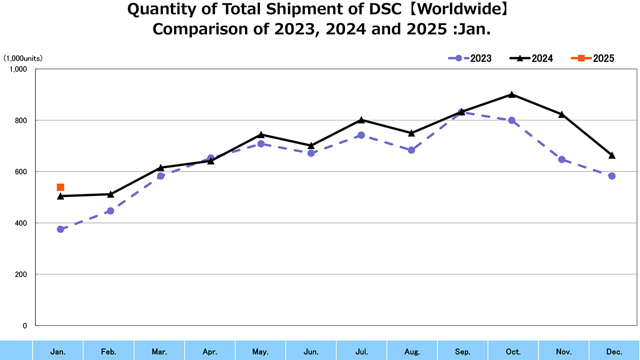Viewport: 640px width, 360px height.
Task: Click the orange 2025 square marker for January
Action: (x=60, y=187)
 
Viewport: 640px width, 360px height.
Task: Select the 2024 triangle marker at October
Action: (x=511, y=94)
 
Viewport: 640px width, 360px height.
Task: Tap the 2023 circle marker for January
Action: (x=60, y=229)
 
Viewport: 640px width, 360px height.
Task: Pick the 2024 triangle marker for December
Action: (x=611, y=155)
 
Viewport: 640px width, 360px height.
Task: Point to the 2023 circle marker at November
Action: (x=561, y=159)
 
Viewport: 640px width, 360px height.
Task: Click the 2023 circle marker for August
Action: (x=411, y=150)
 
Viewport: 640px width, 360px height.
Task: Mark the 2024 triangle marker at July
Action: (x=361, y=120)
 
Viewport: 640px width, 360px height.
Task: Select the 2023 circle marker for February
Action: (x=110, y=211)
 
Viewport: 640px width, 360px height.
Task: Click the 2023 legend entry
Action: (x=470, y=58)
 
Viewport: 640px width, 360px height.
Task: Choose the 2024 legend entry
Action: (x=531, y=58)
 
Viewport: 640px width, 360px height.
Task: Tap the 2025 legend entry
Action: (x=593, y=58)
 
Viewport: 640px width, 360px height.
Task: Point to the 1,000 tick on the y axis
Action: (x=18, y=69)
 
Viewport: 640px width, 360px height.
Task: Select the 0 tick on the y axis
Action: (x=24, y=325)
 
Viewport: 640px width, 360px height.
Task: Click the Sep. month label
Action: (x=462, y=352)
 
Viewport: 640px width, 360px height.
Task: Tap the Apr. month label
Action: (x=210, y=352)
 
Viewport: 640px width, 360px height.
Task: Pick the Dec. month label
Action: (x=614, y=352)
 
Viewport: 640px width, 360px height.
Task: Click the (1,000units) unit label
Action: (x=23, y=58)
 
